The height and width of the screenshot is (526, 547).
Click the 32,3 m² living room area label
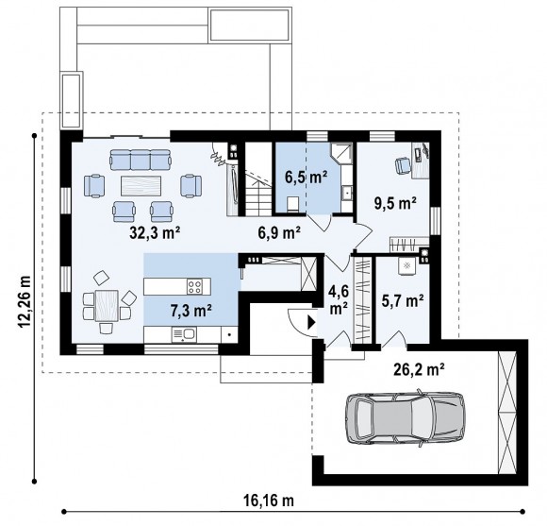(x=155, y=232)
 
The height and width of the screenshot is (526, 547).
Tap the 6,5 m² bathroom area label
(x=306, y=178)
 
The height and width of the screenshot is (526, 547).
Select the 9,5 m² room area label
(x=395, y=203)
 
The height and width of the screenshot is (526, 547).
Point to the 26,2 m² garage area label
(x=419, y=369)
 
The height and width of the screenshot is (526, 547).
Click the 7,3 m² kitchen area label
(x=191, y=310)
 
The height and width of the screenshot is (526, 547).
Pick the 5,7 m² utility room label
(x=403, y=300)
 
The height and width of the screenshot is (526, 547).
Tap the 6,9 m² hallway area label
(x=279, y=232)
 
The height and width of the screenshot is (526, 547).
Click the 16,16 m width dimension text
(x=269, y=501)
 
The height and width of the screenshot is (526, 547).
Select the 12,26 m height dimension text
(x=25, y=302)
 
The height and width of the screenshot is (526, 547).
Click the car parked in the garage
(x=405, y=418)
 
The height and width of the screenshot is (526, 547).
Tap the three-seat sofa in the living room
(x=141, y=160)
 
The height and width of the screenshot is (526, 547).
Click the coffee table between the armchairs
(x=141, y=186)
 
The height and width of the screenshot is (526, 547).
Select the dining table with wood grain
(x=107, y=306)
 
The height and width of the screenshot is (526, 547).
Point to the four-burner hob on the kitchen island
(x=194, y=287)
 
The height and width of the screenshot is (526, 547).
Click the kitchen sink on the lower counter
(x=184, y=334)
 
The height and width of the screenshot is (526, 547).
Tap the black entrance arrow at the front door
(x=311, y=322)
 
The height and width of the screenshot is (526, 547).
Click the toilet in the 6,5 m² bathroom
(x=292, y=204)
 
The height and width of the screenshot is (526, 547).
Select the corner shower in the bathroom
(x=341, y=153)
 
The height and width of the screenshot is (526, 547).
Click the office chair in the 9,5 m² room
(x=403, y=165)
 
